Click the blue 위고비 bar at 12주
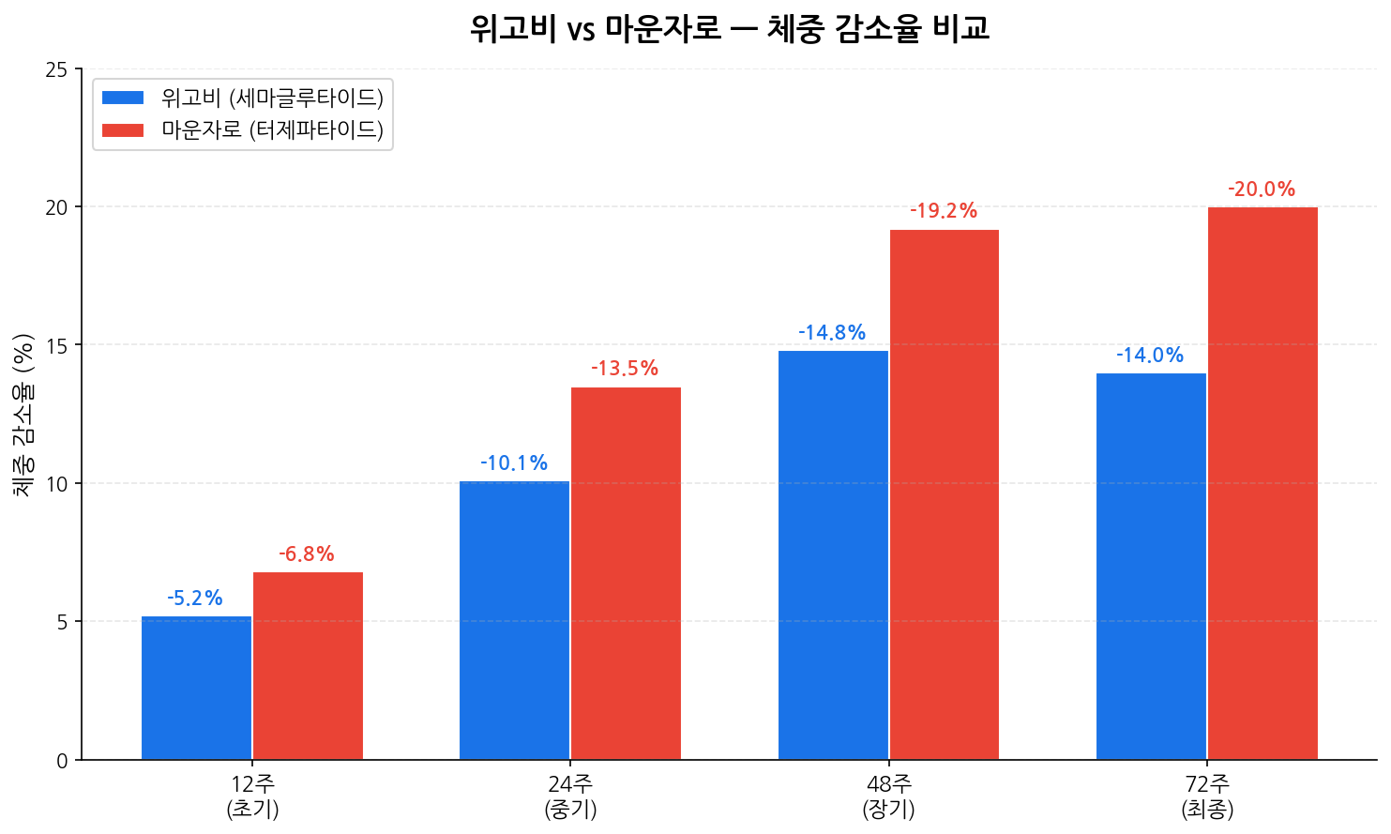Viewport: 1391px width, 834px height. point(196,688)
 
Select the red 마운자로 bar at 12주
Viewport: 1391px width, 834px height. point(308,666)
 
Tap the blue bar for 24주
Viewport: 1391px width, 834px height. point(514,620)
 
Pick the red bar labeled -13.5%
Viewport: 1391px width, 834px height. point(626,573)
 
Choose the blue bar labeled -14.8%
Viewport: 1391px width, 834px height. point(833,555)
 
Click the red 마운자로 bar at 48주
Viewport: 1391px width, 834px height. point(945,494)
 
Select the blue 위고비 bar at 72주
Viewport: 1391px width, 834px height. point(1151,567)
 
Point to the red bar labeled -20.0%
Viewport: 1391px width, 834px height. point(1262,483)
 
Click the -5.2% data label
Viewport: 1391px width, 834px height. point(195,599)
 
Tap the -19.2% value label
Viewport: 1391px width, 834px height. point(944,211)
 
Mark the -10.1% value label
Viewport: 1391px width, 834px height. point(514,463)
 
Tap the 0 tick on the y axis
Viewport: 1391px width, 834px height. point(63,761)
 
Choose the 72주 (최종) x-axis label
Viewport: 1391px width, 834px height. point(1207,796)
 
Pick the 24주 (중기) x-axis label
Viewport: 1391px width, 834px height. point(570,796)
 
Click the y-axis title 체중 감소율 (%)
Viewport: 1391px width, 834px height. point(23,414)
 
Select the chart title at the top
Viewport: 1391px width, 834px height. point(729,29)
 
